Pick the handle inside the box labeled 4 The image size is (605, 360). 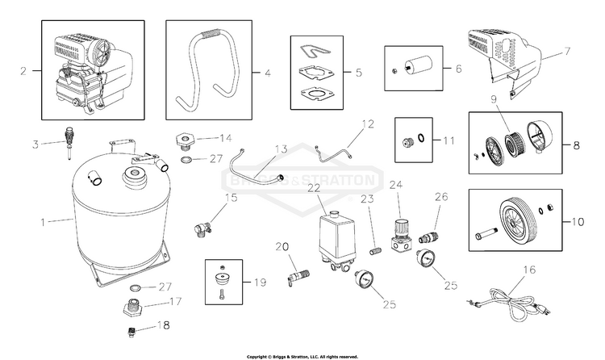tap(209, 71)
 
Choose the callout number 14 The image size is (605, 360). tap(226, 137)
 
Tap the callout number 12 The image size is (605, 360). tap(368, 124)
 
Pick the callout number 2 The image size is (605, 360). tap(25, 70)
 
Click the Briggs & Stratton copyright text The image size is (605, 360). tap(302, 355)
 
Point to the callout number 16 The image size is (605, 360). tap(529, 271)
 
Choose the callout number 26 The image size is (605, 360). tap(440, 196)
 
